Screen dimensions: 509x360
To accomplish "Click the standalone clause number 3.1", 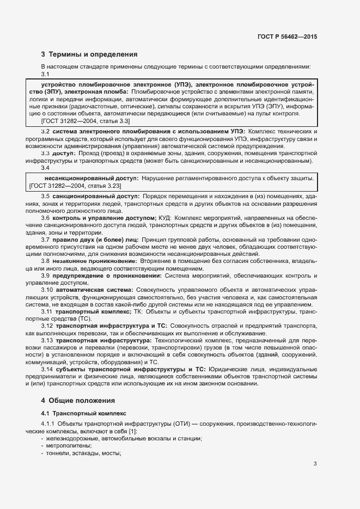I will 46,75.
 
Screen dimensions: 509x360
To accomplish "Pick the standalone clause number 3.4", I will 46,168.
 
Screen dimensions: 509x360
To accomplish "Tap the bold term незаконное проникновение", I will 95,261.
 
